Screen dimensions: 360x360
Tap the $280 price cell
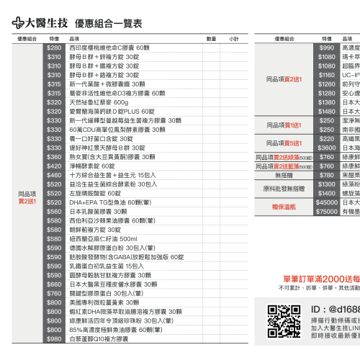click(x=54, y=48)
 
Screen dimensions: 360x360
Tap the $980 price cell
click(x=54, y=338)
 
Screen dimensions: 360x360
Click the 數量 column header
click(x=211, y=38)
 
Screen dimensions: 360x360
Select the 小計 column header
click(x=235, y=38)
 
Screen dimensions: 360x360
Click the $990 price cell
click(x=327, y=48)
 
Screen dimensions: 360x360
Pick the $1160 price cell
click(x=327, y=75)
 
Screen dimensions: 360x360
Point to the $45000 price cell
click(x=327, y=202)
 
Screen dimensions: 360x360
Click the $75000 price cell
click(x=327, y=211)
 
